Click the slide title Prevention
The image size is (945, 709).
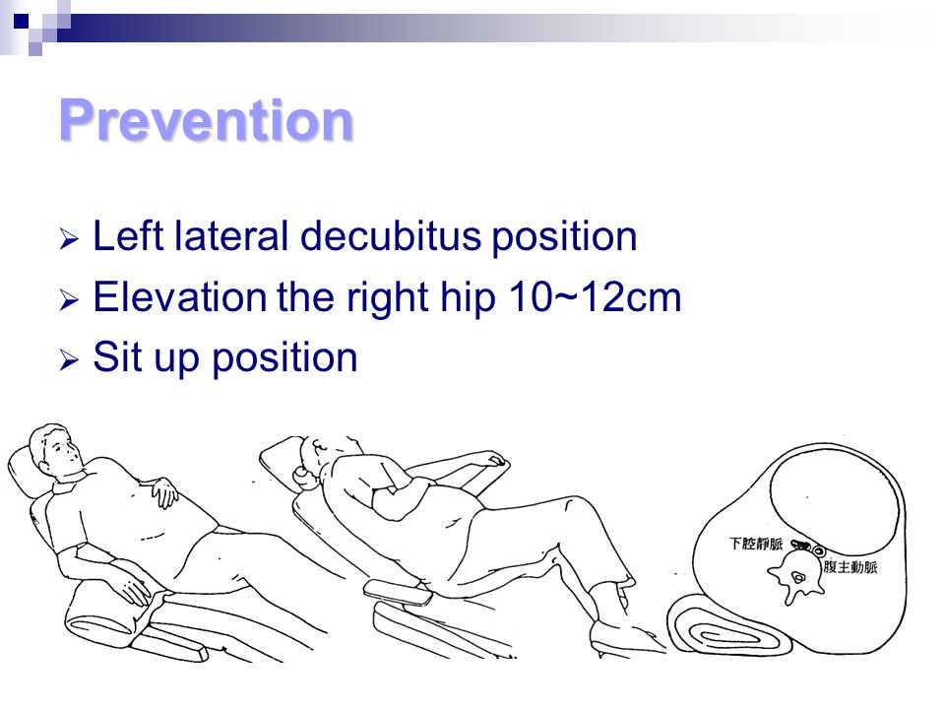pyautogui.click(x=206, y=120)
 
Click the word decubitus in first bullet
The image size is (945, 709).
pyautogui.click(x=391, y=235)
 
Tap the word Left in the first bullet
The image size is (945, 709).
pyautogui.click(x=128, y=235)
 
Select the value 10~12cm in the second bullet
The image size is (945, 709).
pyautogui.click(x=595, y=296)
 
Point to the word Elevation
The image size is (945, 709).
pyautogui.click(x=179, y=296)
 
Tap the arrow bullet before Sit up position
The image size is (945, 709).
pyautogui.click(x=69, y=360)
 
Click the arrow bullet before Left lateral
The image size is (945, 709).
pyautogui.click(x=69, y=239)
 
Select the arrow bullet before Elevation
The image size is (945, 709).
pyautogui.click(x=69, y=299)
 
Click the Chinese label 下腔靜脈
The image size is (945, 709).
pyautogui.click(x=756, y=544)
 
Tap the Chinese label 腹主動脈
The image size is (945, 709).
pyautogui.click(x=850, y=567)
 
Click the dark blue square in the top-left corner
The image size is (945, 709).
pyautogui.click(x=21, y=22)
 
